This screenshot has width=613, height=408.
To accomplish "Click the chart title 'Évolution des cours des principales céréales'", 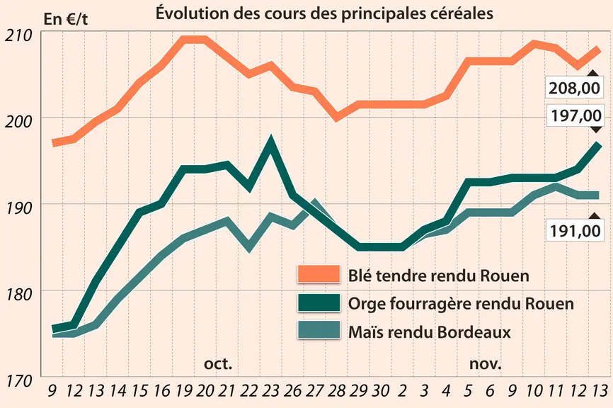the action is click(x=324, y=13).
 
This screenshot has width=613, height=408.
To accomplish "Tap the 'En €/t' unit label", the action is click(x=66, y=19).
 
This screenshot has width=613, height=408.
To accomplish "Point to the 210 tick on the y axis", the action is click(x=18, y=35).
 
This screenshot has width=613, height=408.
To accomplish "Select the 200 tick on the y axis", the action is click(x=18, y=122).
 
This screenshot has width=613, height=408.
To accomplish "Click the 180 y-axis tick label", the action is click(x=18, y=295).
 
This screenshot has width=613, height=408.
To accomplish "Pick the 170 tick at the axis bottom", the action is click(x=18, y=380).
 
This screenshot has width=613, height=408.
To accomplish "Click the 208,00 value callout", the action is click(x=574, y=88).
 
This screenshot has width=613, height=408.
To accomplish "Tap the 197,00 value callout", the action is click(x=574, y=115).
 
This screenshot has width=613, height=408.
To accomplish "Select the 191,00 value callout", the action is click(x=574, y=231).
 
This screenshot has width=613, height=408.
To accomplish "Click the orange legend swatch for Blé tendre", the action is click(x=319, y=274).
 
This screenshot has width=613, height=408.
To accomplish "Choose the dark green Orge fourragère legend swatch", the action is click(x=319, y=302).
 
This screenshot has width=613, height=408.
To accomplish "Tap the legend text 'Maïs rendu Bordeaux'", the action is click(x=429, y=332).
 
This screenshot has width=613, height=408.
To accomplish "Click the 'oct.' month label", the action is click(x=218, y=364).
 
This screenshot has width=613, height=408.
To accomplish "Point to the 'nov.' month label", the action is click(x=485, y=364).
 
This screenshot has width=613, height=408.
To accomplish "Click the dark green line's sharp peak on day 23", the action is click(x=270, y=140).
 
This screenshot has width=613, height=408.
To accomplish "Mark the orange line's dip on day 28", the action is click(x=336, y=118).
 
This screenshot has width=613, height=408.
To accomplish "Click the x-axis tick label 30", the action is click(x=380, y=390).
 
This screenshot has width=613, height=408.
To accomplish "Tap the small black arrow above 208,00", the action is click(x=593, y=73).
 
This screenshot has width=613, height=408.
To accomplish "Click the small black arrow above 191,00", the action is click(x=595, y=216).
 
